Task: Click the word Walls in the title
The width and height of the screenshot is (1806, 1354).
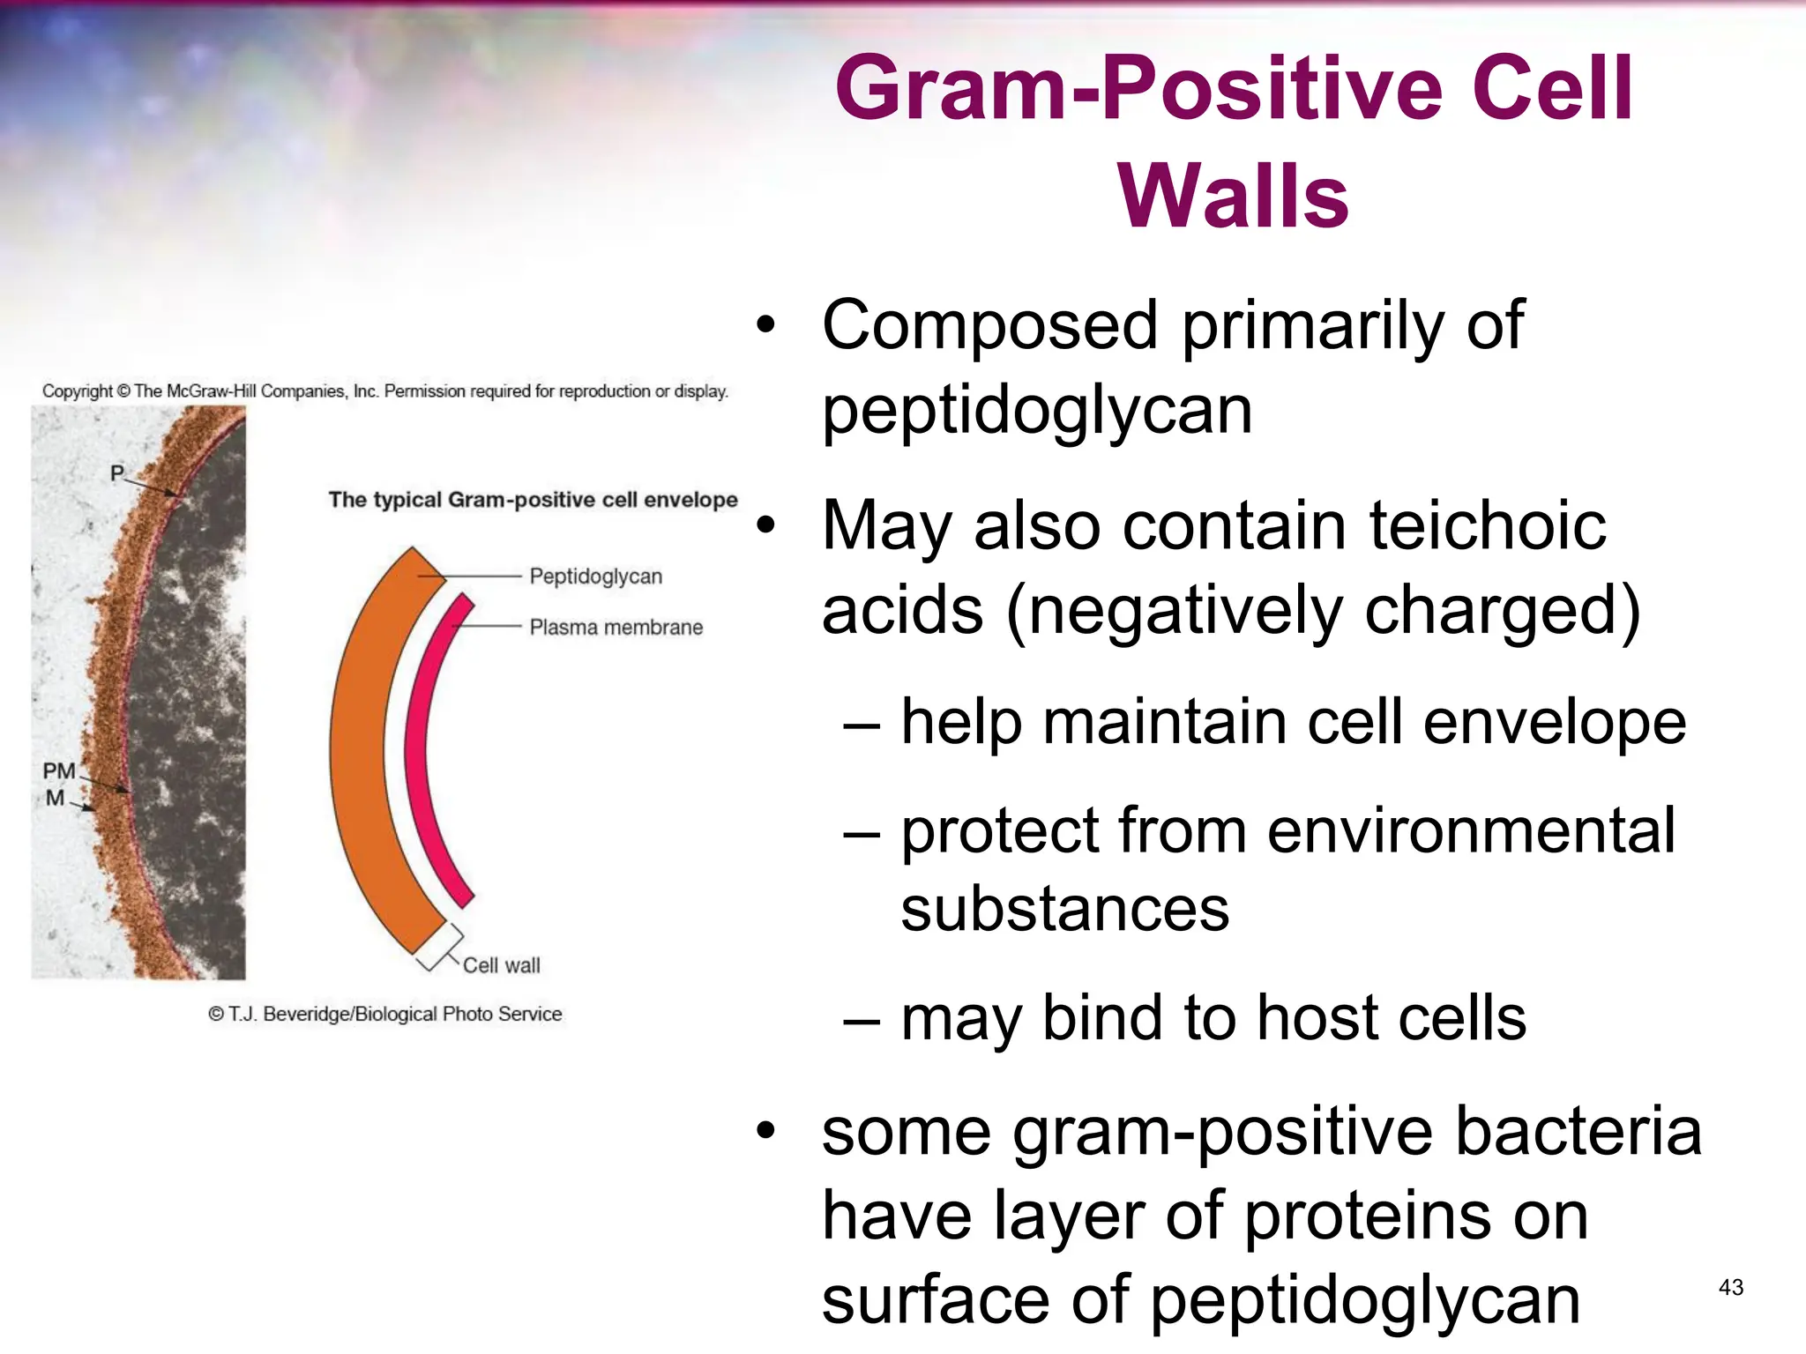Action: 1233,197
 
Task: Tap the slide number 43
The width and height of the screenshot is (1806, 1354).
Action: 1730,1288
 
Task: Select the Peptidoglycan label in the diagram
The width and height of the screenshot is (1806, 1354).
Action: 595,577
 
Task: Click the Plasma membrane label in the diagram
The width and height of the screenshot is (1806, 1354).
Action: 616,628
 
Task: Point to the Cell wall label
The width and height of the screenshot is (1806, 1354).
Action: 501,966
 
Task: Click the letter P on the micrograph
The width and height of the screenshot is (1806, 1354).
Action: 116,473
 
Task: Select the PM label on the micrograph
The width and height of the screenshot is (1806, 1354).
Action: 59,771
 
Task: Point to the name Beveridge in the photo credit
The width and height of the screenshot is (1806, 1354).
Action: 305,1015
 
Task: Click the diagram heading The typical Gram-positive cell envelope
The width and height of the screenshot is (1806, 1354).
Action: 533,500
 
